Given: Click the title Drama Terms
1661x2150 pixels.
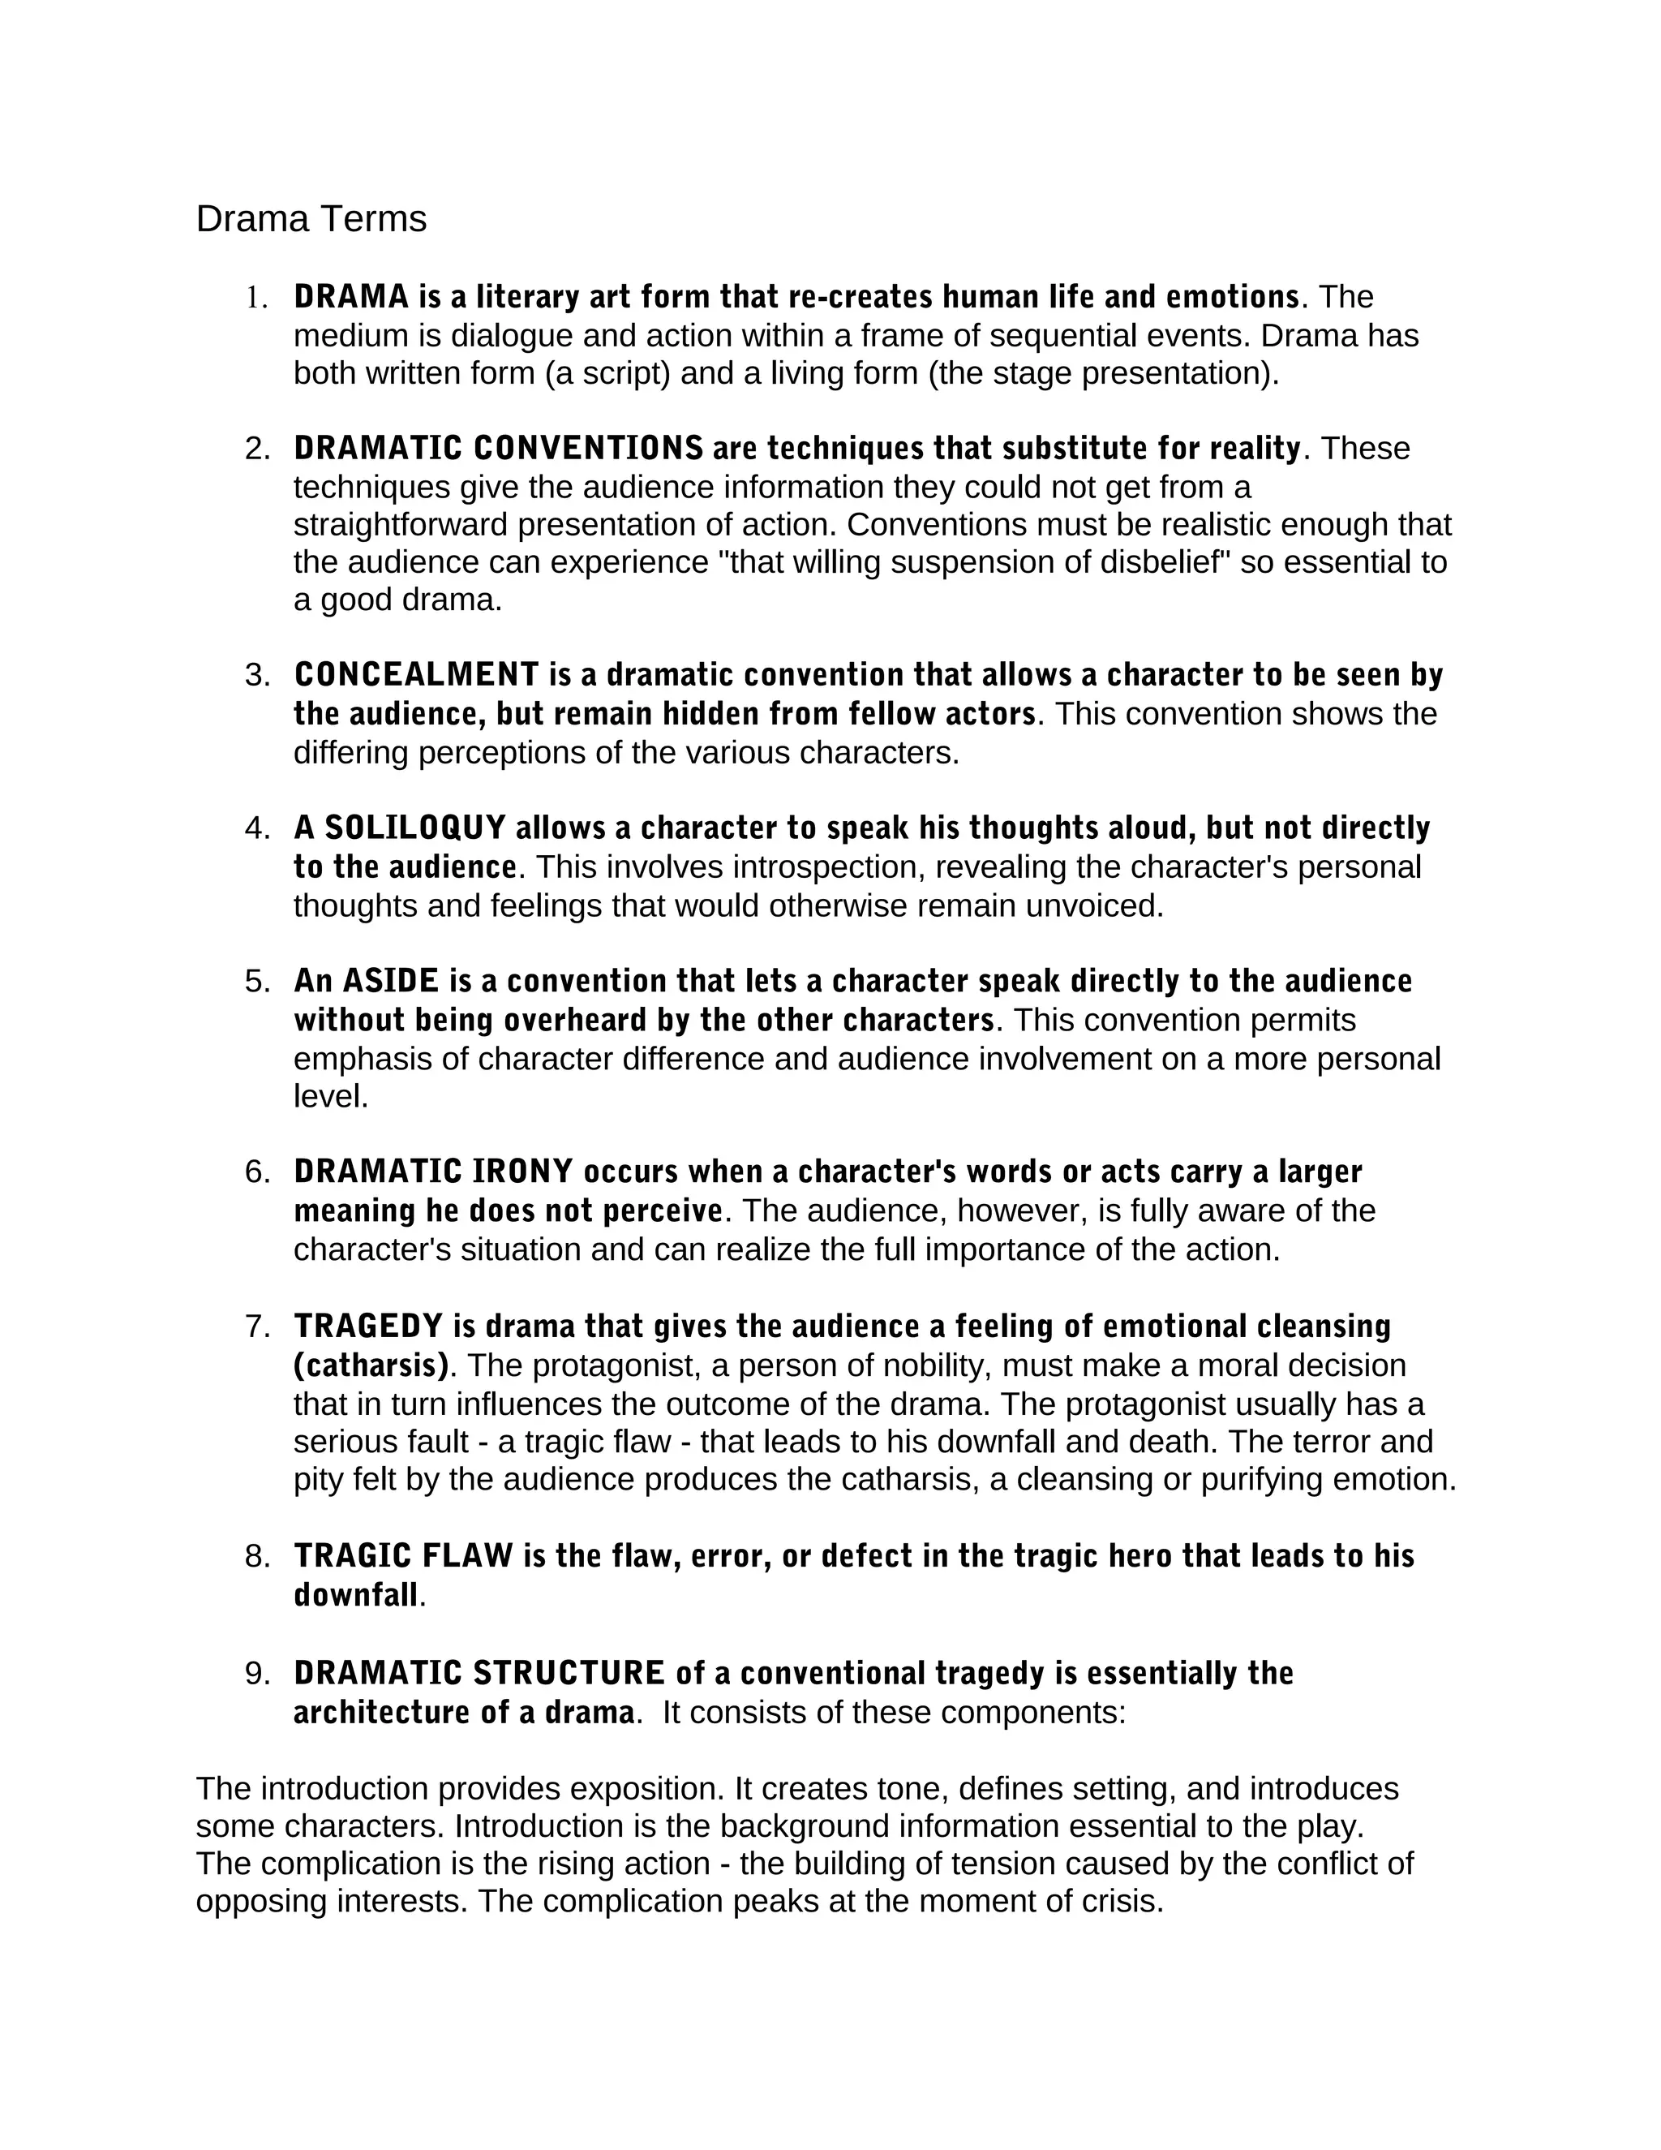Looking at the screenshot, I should (311, 218).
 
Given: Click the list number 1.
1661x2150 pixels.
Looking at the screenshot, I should (255, 297).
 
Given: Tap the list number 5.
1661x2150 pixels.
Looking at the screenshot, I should (255, 982).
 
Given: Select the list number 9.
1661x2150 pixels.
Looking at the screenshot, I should (255, 1673).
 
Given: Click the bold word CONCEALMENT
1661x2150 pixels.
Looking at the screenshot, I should (416, 675).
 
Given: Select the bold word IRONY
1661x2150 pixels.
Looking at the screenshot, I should (522, 1172).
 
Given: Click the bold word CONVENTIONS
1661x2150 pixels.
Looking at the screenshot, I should (589, 449).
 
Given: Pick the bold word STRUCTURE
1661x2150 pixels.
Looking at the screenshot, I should (569, 1673).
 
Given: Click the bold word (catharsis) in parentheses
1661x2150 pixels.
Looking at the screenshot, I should (371, 1365).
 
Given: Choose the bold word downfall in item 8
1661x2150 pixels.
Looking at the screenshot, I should (356, 1595).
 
